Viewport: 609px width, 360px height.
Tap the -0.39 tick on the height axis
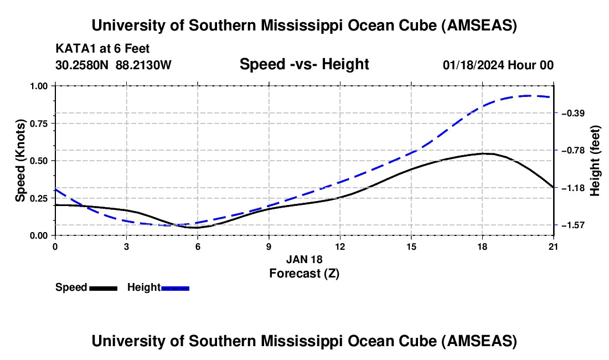[x=572, y=113]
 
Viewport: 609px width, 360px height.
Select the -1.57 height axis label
[x=572, y=225]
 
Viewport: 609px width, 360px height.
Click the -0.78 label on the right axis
[x=572, y=150]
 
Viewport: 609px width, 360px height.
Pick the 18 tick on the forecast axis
[x=483, y=246]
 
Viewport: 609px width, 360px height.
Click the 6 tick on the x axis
[x=198, y=246]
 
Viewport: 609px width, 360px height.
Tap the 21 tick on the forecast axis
[x=554, y=246]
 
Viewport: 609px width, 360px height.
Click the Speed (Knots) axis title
[x=20, y=161]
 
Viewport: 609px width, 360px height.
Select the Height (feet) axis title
[x=595, y=161]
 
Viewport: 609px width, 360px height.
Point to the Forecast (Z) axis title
[x=304, y=273]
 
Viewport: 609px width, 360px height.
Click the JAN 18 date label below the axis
[x=304, y=259]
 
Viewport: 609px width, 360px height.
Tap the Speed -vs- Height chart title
[x=304, y=65]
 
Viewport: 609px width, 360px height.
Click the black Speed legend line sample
[x=103, y=287]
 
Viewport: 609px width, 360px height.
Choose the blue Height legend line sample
[x=176, y=287]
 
